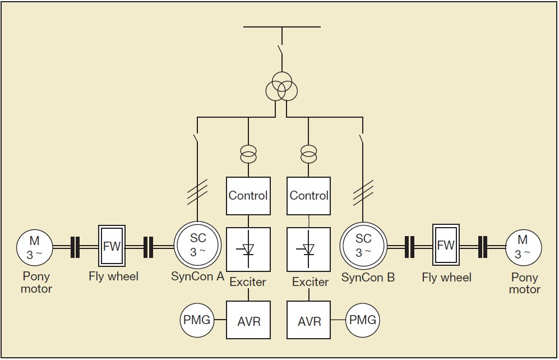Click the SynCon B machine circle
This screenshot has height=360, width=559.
363,246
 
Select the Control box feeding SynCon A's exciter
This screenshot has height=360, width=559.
248,196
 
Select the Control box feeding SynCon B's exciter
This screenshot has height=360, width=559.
309,196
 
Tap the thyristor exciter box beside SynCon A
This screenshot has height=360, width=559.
248,250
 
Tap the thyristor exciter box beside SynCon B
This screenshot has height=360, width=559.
309,250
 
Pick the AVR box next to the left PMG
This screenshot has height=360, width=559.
248,321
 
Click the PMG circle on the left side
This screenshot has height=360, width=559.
197,320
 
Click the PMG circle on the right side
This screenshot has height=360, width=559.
363,321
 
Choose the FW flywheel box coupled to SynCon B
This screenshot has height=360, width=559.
446,246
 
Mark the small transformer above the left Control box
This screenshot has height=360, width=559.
248,153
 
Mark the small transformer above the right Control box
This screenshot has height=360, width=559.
308,153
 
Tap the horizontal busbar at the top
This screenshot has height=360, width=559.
282,26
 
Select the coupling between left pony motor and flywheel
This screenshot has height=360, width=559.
75,247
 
